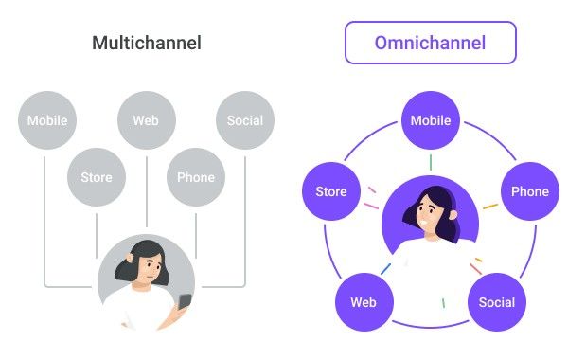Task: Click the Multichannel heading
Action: click(147, 43)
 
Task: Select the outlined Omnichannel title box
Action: click(431, 43)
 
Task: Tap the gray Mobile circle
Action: click(47, 120)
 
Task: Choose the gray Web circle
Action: click(147, 120)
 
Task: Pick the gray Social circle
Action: click(245, 120)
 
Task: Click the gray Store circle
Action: click(97, 177)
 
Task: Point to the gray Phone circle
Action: click(196, 177)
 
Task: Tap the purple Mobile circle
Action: click(431, 120)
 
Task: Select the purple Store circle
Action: click(331, 191)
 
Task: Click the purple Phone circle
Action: click(530, 191)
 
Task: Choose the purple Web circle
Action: click(364, 302)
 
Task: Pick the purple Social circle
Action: click(497, 302)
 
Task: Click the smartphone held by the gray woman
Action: click(185, 301)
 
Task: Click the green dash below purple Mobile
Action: click(431, 162)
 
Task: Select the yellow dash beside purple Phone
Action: click(490, 207)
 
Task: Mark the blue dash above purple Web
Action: click(386, 269)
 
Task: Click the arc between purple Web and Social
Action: click(431, 326)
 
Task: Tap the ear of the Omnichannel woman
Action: click(453, 215)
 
